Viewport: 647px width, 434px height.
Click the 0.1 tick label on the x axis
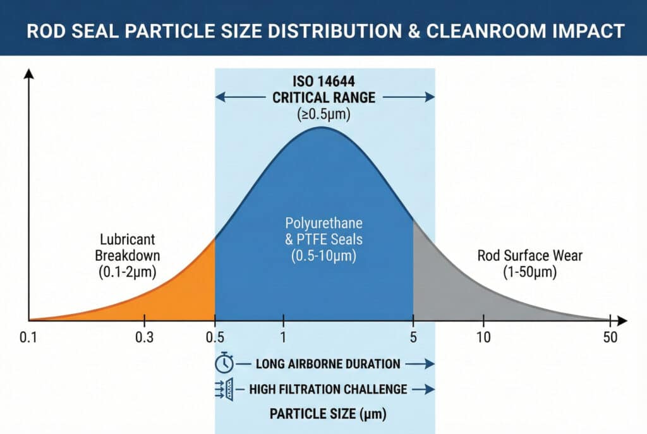click(29, 337)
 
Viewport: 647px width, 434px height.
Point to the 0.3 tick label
click(145, 337)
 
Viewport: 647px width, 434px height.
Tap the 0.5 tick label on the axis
click(215, 337)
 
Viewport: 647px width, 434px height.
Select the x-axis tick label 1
click(284, 337)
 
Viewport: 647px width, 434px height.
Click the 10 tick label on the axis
click(483, 337)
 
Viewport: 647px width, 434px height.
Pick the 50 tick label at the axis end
click(610, 337)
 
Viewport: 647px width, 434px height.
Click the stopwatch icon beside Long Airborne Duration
click(224, 364)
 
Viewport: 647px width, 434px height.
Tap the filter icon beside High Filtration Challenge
click(224, 389)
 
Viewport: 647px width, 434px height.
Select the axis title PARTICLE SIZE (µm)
click(325, 414)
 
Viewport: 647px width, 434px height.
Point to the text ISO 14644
click(325, 80)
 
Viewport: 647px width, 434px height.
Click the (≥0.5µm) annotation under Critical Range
click(325, 116)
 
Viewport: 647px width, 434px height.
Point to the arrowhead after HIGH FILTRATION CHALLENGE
click(430, 389)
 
